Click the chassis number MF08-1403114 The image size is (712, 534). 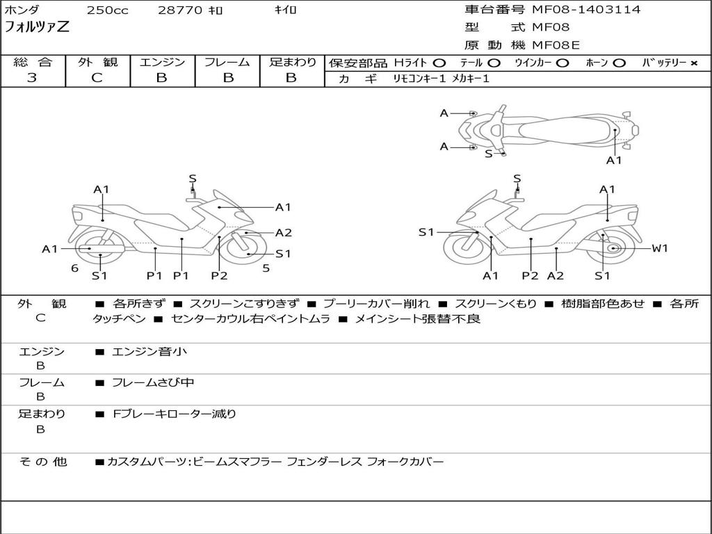pos(586,10)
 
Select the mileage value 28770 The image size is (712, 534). pos(179,10)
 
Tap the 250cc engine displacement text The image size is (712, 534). pos(107,10)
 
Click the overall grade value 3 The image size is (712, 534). pos(32,78)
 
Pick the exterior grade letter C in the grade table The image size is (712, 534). pos(97,78)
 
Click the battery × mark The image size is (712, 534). pos(693,63)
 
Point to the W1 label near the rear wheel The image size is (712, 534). pos(659,248)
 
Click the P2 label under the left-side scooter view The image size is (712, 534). pos(219,275)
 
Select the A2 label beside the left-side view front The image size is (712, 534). pos(283,233)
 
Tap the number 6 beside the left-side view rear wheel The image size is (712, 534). pos(74,268)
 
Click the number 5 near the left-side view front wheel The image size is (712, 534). pos(266,268)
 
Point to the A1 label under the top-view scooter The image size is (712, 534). pos(614,160)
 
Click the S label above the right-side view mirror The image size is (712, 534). pos(517,179)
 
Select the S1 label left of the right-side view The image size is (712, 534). pos(426,232)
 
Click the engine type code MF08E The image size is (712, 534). pos(556,45)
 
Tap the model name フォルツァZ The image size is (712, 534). pos(37,28)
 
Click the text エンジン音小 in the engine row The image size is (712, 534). pos(149,352)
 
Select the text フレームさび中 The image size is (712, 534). pos(153,382)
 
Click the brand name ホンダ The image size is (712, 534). pos(22,10)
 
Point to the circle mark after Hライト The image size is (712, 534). pos(439,63)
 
